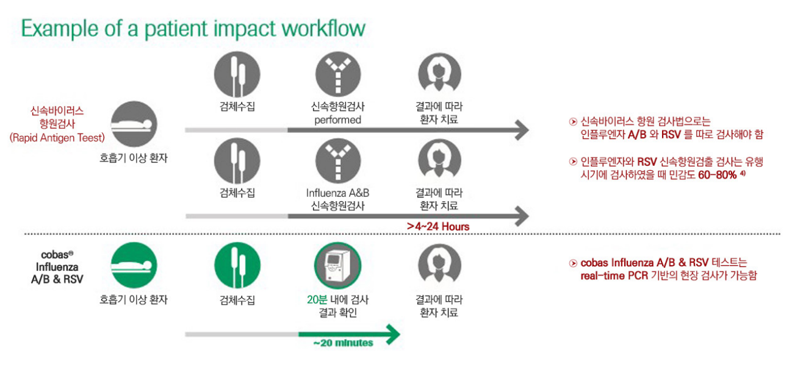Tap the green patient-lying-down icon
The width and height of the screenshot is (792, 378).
[x=134, y=265]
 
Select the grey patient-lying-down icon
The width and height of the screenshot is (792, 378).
[x=134, y=124]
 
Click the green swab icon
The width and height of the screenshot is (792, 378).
[x=237, y=265]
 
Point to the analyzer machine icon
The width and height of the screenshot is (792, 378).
[x=337, y=265]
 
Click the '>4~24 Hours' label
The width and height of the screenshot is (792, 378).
[x=438, y=226]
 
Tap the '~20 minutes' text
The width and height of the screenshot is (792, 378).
[x=343, y=343]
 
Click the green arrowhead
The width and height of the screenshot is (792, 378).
[x=392, y=334]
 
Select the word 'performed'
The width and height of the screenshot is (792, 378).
[x=337, y=120]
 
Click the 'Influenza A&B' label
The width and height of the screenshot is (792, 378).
[x=337, y=193]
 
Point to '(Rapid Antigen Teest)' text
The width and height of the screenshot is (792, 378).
[x=57, y=138]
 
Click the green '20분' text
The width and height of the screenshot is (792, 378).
[x=317, y=299]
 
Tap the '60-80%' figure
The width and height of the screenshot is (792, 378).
[x=717, y=175]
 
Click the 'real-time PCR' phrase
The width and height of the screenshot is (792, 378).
[x=614, y=276]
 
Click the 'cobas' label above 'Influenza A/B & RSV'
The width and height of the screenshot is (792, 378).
[x=57, y=255]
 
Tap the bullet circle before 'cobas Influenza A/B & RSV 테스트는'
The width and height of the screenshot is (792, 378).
[x=573, y=263]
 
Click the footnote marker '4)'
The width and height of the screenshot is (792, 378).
[x=743, y=173]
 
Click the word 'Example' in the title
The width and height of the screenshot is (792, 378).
[x=59, y=29]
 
